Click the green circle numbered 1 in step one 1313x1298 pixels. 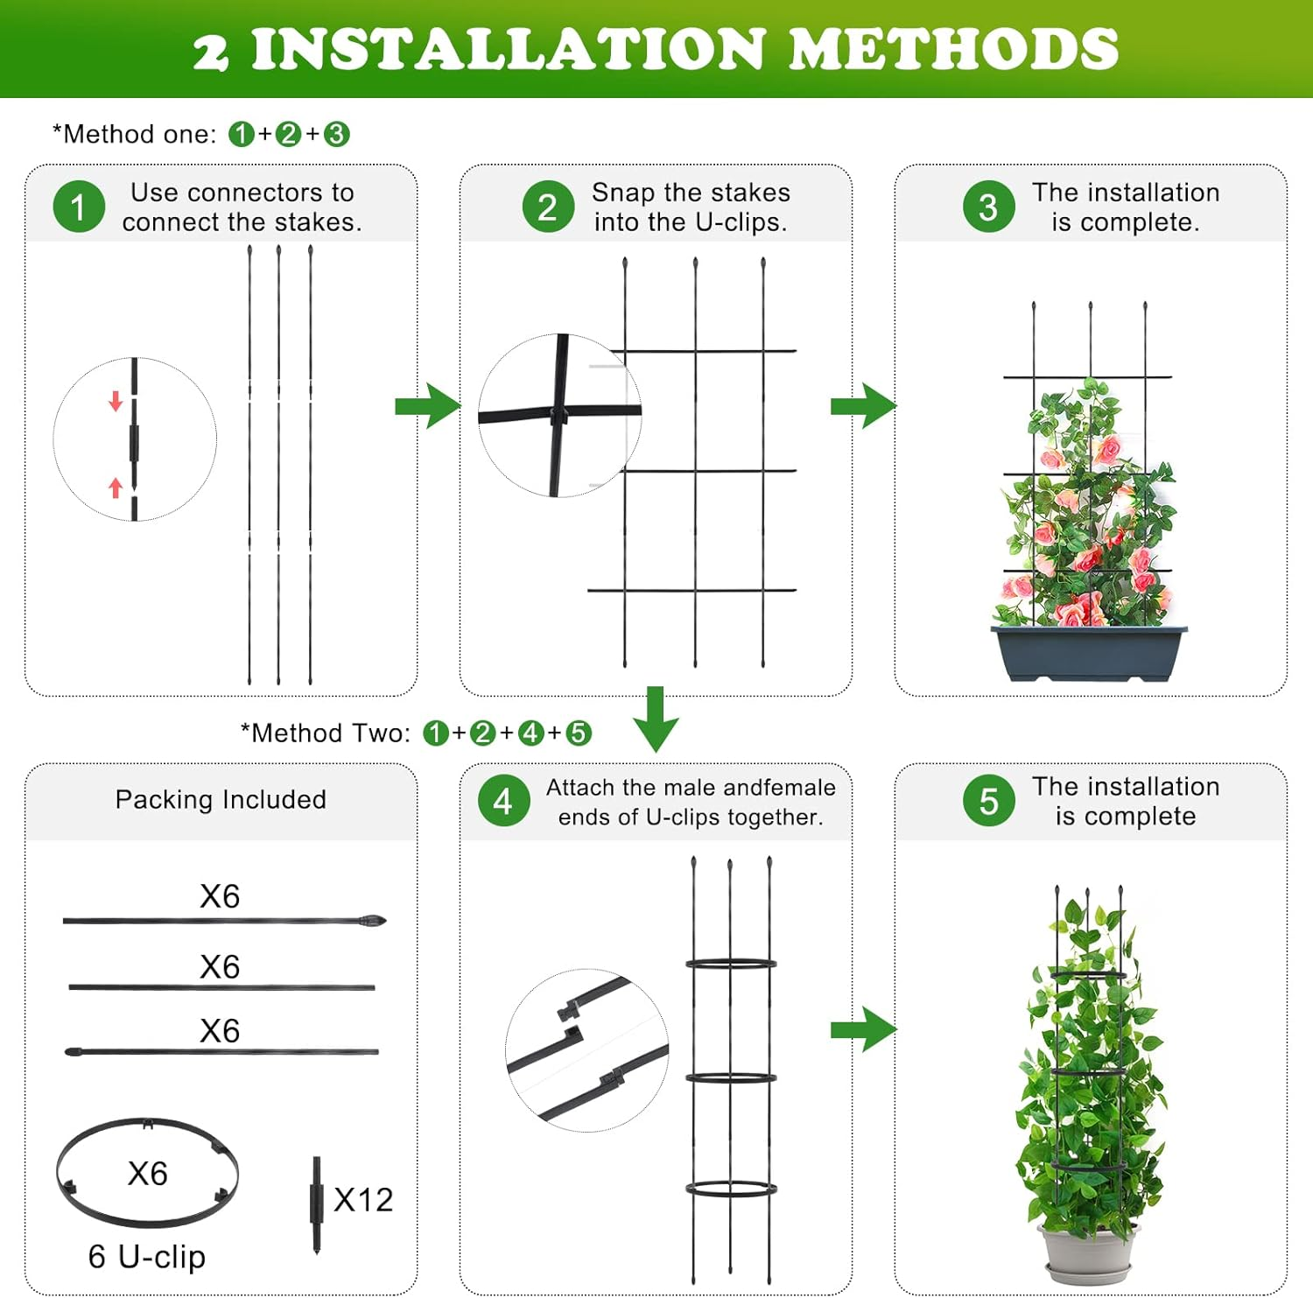[x=79, y=207]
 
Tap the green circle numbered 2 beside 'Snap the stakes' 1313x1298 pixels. [x=548, y=207]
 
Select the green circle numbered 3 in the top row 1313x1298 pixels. [x=988, y=207]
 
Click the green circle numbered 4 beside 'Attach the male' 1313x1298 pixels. [x=503, y=801]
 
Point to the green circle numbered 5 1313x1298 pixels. [x=988, y=801]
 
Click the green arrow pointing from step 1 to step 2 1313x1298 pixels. [x=427, y=405]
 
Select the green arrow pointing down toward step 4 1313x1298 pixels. [x=656, y=719]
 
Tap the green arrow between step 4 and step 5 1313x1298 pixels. [x=863, y=1028]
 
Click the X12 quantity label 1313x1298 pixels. [x=363, y=1200]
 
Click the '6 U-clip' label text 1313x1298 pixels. [x=147, y=1257]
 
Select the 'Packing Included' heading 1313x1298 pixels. [x=221, y=799]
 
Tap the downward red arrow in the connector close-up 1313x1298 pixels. [x=116, y=402]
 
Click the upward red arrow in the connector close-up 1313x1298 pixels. [x=116, y=487]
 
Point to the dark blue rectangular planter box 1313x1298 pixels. [x=1089, y=652]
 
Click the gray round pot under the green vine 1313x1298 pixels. [x=1088, y=1252]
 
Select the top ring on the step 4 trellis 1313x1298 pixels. [x=731, y=965]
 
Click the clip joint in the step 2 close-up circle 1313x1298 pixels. [x=558, y=414]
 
